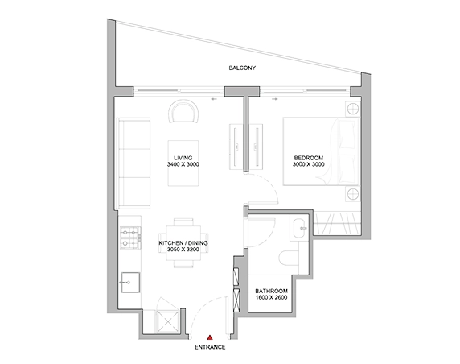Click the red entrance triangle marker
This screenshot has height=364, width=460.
pos(210,337)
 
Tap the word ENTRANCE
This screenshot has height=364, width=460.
pos(210,347)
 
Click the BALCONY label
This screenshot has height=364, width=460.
pos(242,68)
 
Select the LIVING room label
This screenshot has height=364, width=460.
pos(183,158)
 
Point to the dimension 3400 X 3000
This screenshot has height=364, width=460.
pos(183,164)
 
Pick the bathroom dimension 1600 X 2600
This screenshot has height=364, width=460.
pos(271,297)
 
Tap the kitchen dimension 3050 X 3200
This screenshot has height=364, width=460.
pos(183,250)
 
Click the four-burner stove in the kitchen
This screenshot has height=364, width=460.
pos(130,238)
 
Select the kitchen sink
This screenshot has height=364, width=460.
pos(130,283)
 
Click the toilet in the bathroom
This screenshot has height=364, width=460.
pos(289,258)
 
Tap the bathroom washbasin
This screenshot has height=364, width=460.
pos(299,228)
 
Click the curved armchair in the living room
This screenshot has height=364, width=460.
pos(183,111)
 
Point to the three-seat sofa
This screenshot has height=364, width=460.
pos(133,163)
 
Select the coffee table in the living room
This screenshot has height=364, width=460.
pos(183,163)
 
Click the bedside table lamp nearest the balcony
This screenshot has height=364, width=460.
pos(352,109)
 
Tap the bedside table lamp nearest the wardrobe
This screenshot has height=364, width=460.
pos(352,194)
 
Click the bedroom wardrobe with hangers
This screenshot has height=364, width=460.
pos(337,223)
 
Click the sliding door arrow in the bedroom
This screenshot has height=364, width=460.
pos(275,99)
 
